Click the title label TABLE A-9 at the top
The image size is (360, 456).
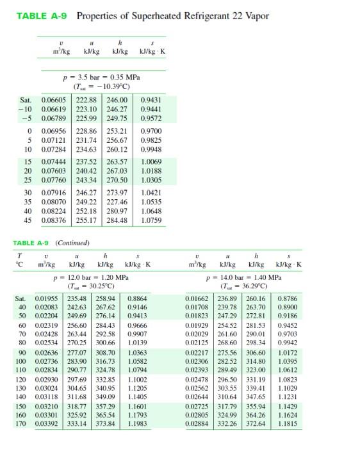pos(41,16)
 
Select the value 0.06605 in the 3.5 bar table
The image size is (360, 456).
pos(54,100)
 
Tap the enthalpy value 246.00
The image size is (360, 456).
pos(117,100)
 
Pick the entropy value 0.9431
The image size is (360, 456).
pos(151,100)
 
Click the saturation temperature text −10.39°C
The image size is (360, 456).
pos(114,86)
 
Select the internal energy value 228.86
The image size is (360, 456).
pos(86,130)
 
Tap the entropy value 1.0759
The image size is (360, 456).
pos(151,220)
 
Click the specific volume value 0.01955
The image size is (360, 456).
pos(46,298)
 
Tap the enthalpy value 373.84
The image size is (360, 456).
pos(106,423)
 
